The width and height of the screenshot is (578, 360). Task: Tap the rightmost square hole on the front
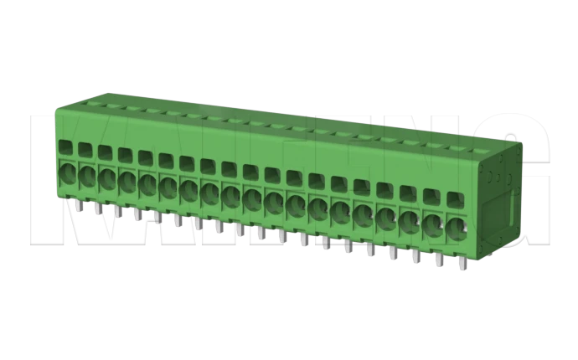(455, 201)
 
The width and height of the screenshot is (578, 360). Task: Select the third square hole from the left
(104, 152)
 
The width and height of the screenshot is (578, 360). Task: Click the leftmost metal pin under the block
(77, 205)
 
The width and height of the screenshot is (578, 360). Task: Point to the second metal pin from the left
(97, 208)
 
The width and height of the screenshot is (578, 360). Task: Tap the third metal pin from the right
(415, 255)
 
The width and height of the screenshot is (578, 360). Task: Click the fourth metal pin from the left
(137, 213)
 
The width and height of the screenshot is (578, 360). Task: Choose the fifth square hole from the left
(145, 157)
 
